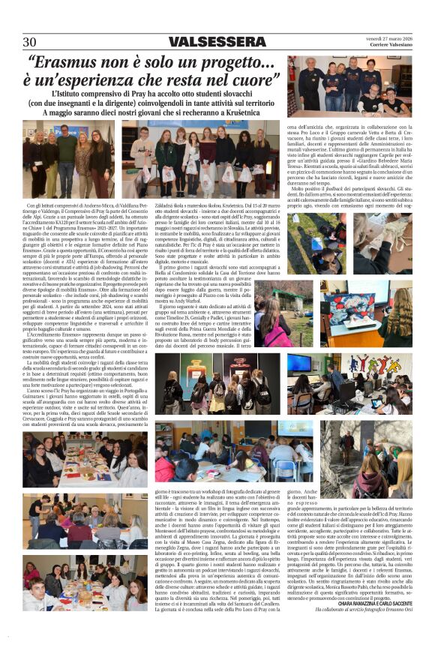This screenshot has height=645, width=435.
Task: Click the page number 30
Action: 29,42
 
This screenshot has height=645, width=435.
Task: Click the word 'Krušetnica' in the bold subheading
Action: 257,112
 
